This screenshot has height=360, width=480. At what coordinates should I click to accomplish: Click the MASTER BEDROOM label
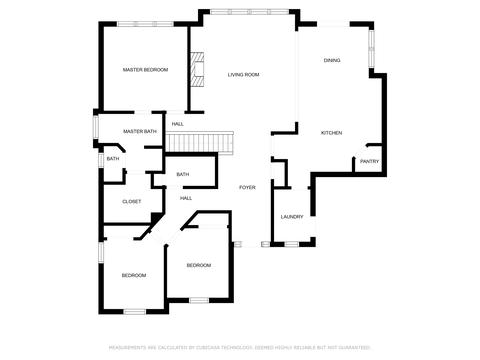click(x=145, y=70)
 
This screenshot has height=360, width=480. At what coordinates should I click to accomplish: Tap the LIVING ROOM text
click(x=243, y=75)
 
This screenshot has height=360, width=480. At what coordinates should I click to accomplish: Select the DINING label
click(x=332, y=60)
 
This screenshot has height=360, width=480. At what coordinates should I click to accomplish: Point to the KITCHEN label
click(x=331, y=133)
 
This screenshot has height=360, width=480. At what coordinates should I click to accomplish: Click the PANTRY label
click(x=369, y=161)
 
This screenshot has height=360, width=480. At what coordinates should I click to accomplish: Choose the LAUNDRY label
click(x=292, y=217)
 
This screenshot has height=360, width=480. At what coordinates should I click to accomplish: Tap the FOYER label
click(x=247, y=187)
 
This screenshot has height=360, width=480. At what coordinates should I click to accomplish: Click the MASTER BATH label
click(x=140, y=131)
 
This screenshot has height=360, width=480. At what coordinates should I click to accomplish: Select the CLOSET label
click(x=132, y=202)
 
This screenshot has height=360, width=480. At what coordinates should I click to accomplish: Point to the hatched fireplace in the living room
click(x=197, y=69)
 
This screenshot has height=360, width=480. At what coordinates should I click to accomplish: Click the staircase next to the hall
click(x=199, y=142)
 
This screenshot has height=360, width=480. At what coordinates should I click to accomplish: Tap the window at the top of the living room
click(x=249, y=12)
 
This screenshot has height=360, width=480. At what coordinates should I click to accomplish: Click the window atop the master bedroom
click(x=145, y=24)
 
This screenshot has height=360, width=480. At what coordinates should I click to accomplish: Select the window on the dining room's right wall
click(x=372, y=49)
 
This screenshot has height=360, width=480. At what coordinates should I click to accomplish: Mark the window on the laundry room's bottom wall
click(x=292, y=244)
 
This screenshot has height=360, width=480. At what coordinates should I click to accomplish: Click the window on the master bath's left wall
click(x=96, y=127)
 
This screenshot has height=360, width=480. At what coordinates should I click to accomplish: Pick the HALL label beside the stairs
click(x=178, y=124)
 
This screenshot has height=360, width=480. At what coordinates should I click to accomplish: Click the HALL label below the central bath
click(x=186, y=198)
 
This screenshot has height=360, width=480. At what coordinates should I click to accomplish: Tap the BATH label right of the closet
click(x=183, y=174)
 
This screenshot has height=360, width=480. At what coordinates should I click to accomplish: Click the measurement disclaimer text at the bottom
click(x=240, y=348)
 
